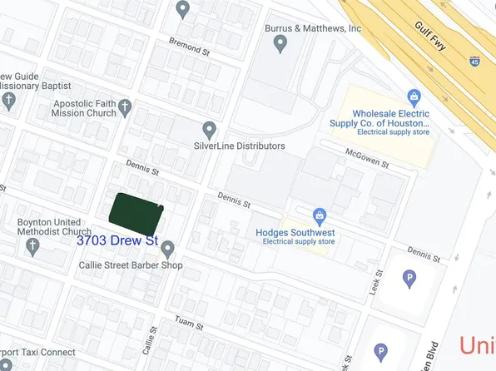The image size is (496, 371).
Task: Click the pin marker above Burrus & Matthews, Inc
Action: coord(280,44)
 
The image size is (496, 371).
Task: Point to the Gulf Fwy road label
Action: coord(430,34)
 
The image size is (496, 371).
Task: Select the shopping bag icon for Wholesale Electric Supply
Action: coord(414,98)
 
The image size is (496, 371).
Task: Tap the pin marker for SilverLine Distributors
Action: coord(210,130)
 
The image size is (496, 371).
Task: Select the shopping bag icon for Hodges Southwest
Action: coord(318,216)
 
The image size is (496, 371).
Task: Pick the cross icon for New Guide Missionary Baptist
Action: coord(9,101)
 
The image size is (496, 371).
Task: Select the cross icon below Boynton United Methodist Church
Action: coord(32,246)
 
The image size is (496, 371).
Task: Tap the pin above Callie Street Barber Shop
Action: coord(167,249)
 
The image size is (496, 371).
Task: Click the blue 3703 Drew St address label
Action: coord(117,240)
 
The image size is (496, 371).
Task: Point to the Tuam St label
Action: coord(189,321)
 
